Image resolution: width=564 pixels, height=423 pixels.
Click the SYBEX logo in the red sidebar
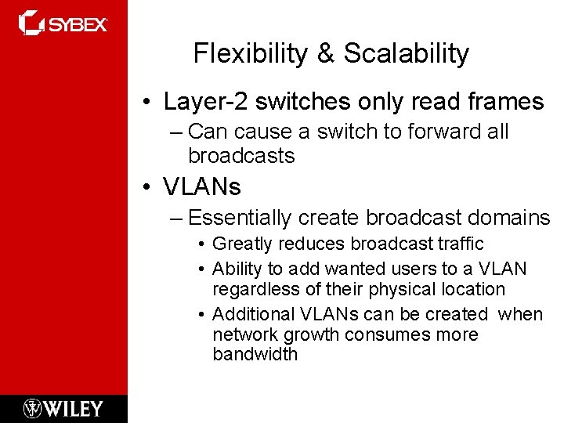point(63,23)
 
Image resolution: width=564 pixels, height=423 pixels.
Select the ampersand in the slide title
point(325,53)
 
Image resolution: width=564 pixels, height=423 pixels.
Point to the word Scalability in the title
point(406,53)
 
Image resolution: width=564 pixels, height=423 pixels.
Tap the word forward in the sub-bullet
point(432,132)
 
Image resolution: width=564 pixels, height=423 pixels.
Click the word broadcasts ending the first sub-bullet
point(241,156)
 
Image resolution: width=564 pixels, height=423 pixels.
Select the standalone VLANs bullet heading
point(202,187)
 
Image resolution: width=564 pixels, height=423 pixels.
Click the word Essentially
point(240,218)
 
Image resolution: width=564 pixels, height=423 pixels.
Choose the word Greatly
point(241,244)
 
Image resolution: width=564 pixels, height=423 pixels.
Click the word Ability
point(236,269)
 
